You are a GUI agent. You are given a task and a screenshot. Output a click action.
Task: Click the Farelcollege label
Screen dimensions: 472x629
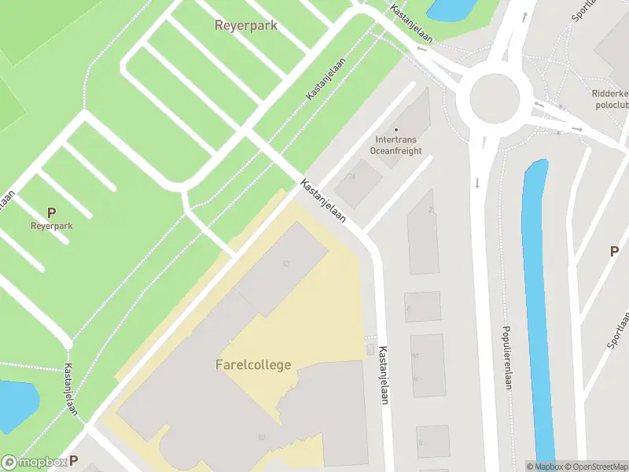click(x=253, y=365)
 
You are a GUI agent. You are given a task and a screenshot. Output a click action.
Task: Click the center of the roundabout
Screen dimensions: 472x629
click(x=495, y=100)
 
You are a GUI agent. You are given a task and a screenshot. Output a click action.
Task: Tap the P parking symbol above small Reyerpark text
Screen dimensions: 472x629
click(x=51, y=212)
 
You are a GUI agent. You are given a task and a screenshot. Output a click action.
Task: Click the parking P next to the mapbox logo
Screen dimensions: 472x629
click(x=74, y=461)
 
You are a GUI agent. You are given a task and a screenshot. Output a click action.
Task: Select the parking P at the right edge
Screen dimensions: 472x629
click(x=614, y=251)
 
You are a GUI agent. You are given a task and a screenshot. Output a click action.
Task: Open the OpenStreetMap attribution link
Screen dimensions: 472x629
click(x=595, y=466)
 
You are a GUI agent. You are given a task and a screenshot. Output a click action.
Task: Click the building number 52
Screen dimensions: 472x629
click(x=285, y=264)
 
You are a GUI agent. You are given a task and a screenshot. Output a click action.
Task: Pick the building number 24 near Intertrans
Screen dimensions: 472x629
click(x=351, y=177)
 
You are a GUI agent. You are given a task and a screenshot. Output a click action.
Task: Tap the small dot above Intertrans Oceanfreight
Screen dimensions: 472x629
click(x=395, y=130)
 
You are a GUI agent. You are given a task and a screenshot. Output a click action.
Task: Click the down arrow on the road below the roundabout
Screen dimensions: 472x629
click(x=477, y=184)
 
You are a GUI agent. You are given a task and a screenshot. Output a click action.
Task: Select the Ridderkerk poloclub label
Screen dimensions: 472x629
click(x=610, y=98)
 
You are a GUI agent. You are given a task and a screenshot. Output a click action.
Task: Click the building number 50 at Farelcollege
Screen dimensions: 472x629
click(x=260, y=437)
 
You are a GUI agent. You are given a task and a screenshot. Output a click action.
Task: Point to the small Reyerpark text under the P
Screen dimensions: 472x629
click(x=51, y=226)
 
